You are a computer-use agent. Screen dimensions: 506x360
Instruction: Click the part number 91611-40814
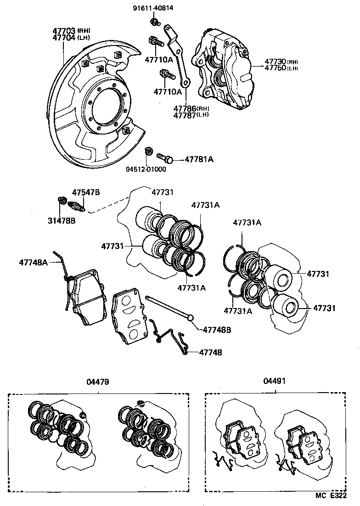point(153,8)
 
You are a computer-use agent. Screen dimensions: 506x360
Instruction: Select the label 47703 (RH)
point(71,31)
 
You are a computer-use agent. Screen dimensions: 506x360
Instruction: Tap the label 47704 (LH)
point(71,38)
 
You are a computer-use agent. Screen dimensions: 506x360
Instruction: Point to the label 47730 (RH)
point(281,62)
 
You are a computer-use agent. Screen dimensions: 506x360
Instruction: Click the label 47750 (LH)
point(281,68)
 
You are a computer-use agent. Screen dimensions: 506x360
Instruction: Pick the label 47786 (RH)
point(191,108)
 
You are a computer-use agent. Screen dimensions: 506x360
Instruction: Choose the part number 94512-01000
point(146,169)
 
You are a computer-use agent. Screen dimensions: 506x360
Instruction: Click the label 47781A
point(199,159)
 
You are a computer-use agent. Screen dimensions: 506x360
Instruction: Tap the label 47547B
point(85,192)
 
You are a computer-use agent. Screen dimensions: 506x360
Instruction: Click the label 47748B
point(217,330)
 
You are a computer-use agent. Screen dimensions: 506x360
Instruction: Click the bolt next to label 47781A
point(165,158)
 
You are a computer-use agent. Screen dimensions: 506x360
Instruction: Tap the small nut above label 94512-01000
point(148,152)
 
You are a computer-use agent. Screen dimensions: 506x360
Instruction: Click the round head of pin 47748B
point(191,316)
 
